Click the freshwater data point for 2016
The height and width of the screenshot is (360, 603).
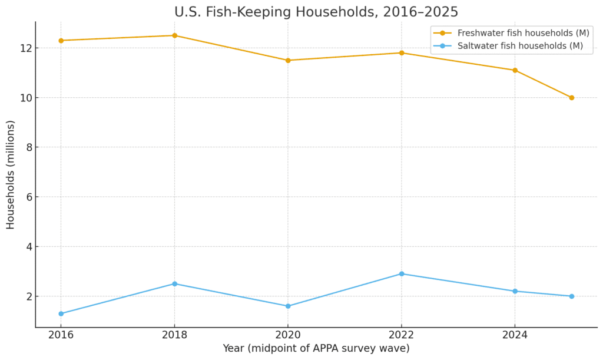61,41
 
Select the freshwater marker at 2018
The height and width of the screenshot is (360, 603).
174,35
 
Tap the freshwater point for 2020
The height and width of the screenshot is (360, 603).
288,60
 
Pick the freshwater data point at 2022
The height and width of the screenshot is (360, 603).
402,53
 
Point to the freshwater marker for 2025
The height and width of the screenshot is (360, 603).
571,98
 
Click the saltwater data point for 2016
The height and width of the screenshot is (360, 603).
61,313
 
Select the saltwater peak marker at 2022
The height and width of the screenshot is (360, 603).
402,274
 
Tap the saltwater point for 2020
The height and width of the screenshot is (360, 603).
288,306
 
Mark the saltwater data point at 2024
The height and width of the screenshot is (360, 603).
515,291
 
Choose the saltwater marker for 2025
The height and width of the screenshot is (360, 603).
571,296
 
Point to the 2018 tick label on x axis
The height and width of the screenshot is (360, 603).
174,335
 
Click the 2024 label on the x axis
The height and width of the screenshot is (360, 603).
515,335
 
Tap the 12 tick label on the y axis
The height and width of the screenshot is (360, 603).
24,48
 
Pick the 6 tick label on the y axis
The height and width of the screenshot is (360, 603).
27,197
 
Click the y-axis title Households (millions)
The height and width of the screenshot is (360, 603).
11,174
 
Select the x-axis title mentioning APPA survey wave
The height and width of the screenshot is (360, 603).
316,348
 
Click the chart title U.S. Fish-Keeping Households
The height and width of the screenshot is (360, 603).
316,12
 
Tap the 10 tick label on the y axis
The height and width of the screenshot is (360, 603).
24,98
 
